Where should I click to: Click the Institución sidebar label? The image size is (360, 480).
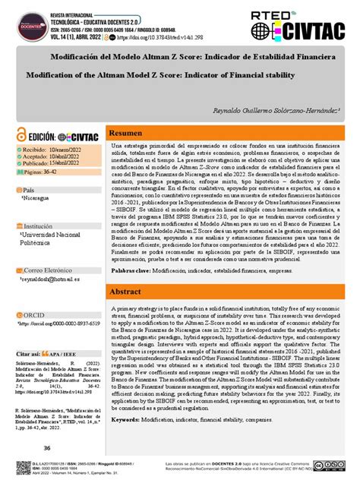click(38, 226)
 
